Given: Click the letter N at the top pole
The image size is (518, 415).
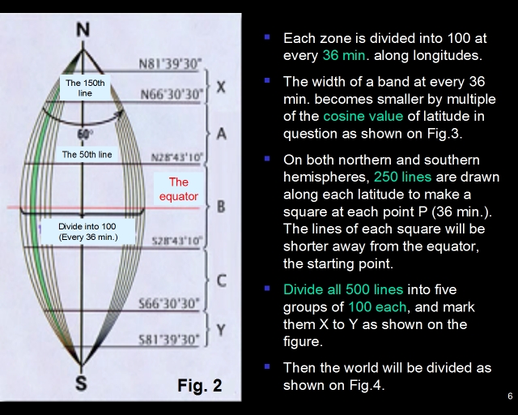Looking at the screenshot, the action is [x=83, y=29].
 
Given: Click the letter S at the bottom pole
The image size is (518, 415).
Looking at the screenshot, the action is [x=81, y=383].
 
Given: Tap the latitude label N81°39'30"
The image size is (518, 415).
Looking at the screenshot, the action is [x=170, y=64].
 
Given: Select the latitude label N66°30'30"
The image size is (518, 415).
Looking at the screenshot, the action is [x=171, y=94].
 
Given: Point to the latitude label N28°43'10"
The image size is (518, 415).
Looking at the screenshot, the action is [x=176, y=157].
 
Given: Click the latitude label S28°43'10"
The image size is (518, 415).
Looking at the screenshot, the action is [x=176, y=241].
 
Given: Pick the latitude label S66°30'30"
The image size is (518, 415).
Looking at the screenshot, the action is [x=169, y=303].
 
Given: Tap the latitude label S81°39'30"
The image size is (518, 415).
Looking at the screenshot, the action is [x=169, y=340].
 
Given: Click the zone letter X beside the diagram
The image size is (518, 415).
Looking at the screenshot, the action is [x=221, y=87].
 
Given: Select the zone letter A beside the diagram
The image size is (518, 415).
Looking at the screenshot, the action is [x=221, y=134].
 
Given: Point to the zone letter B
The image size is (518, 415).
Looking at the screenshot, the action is [x=221, y=207].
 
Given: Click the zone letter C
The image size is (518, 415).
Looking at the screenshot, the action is [x=221, y=280].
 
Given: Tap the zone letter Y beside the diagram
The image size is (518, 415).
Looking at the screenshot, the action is [x=221, y=330].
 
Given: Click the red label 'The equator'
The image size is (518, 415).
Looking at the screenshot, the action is [x=178, y=189].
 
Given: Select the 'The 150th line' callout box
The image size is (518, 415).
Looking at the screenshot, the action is [x=85, y=88].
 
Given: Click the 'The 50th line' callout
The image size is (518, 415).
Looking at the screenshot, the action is [x=87, y=154].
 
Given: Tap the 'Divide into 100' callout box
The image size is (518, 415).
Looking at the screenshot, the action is [x=87, y=232].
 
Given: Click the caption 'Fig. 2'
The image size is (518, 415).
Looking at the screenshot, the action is [x=200, y=386].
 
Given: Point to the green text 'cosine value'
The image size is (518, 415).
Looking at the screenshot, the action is [x=363, y=116].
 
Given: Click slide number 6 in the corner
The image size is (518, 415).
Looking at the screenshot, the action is [x=510, y=396].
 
